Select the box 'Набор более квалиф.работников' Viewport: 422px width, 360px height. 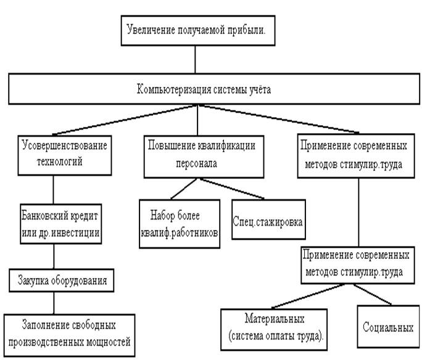pyautogui.click(x=179, y=223)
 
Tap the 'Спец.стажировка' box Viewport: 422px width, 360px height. pyautogui.click(x=268, y=218)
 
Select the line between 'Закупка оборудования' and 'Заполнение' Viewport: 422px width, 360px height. pyautogui.click(x=53, y=301)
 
